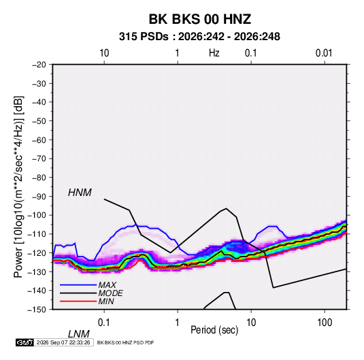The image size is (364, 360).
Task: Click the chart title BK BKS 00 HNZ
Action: click(199, 19)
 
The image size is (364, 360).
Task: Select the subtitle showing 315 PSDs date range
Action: click(199, 37)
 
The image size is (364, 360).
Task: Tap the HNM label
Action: click(80, 193)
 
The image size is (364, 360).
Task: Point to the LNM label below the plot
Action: click(79, 334)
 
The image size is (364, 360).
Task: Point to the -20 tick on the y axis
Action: click(39, 65)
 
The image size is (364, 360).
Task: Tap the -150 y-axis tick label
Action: click(37, 309)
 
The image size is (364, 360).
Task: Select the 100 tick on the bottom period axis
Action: click(325, 323)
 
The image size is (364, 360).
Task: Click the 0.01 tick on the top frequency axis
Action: click(324, 53)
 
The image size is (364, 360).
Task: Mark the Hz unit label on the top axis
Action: click(214, 53)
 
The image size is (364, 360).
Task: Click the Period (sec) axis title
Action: click(214, 330)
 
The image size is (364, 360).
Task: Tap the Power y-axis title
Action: click(18, 186)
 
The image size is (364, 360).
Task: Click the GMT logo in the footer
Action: click(24, 342)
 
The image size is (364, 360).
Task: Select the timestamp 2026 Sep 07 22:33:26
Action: click(63, 342)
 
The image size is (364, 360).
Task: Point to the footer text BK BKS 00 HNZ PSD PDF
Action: click(125, 342)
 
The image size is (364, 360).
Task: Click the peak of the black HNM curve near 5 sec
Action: click(226, 208)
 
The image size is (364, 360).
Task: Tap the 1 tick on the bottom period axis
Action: click(178, 323)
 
